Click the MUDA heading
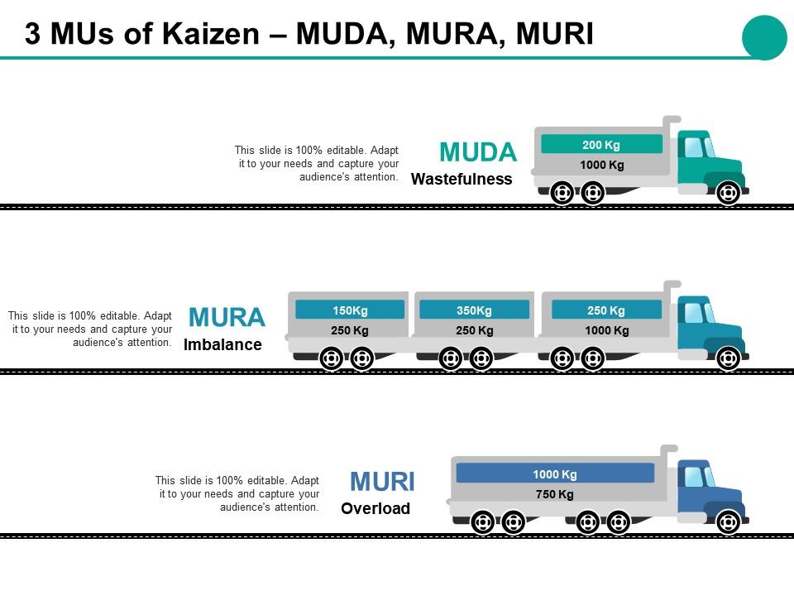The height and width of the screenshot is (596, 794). point(478,152)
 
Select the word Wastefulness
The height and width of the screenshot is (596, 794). point(462,179)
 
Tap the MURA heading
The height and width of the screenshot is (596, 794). point(227,318)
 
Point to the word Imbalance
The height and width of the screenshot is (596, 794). point(222,344)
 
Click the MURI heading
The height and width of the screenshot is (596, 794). point(382,482)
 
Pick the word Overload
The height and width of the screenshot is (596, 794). point(375,508)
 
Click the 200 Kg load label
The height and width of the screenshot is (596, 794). point(601,144)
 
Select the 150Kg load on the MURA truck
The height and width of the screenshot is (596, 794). point(350,310)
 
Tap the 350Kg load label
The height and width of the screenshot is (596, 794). point(474,310)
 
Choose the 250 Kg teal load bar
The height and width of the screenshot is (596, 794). point(606,310)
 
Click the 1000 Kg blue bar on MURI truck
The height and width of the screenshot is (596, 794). point(555,473)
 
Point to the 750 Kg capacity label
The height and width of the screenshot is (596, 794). point(554,494)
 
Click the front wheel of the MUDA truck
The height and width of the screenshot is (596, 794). point(728,194)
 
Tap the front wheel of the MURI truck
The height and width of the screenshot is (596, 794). point(728,522)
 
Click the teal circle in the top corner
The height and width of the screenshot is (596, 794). point(764,37)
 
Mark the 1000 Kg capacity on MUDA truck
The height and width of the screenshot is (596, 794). point(601,165)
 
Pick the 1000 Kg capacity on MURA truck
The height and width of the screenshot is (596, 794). point(606,330)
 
